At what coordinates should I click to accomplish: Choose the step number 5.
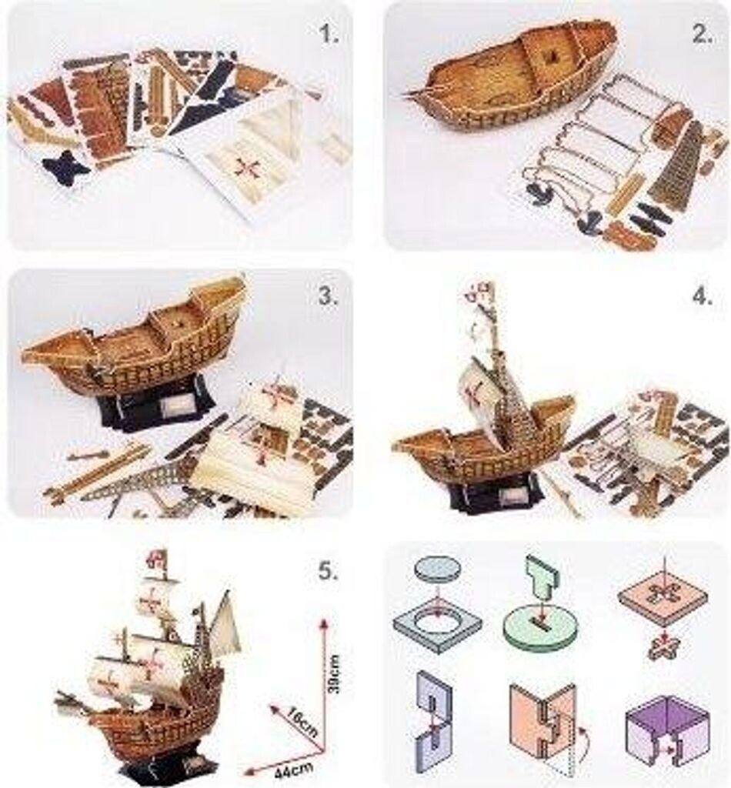(x=329, y=571)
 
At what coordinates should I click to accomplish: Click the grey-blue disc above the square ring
(x=437, y=570)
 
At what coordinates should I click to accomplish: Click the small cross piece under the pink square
(x=663, y=648)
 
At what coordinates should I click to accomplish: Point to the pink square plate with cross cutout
(x=663, y=595)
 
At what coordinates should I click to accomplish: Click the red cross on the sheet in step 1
(x=249, y=167)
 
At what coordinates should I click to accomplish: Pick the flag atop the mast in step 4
(x=478, y=290)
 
